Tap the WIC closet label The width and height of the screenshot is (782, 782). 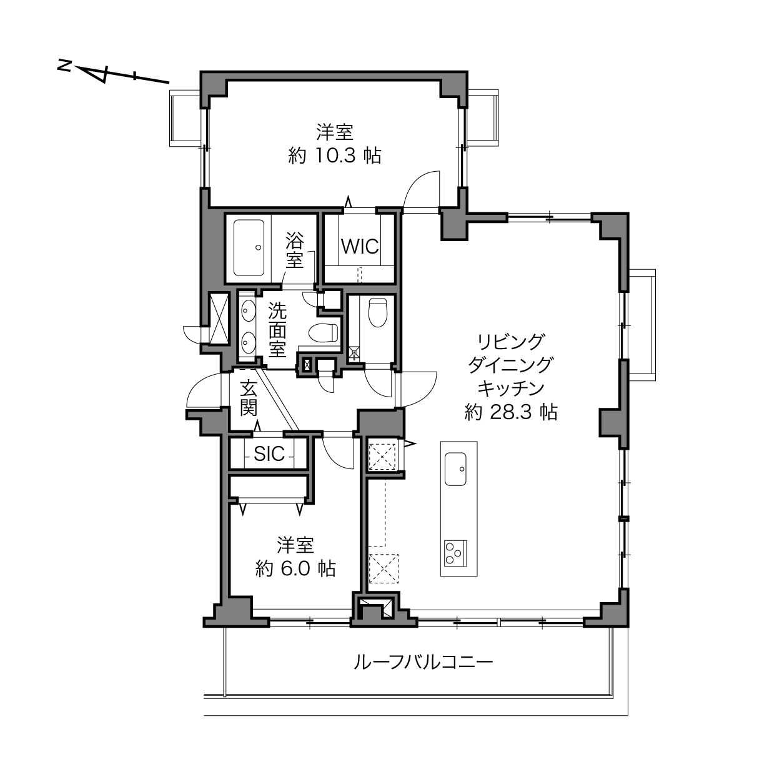coord(360,246)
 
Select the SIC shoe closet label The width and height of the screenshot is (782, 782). coord(269,454)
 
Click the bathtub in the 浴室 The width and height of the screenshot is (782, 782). coord(249,248)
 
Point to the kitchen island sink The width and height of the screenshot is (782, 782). coord(455,469)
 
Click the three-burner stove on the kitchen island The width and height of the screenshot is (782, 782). coord(455,553)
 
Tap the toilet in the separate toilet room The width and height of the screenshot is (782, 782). coord(377,312)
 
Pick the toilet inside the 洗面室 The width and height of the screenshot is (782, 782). coord(323,332)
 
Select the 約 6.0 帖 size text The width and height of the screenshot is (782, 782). coord(295,569)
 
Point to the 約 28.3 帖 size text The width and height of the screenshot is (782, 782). coord(510,412)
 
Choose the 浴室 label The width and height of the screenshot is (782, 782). coord(295,250)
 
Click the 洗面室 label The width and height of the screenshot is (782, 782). coord(277,330)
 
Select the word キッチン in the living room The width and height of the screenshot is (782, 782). coord(511,389)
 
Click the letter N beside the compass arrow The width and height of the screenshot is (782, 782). coord(64,66)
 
